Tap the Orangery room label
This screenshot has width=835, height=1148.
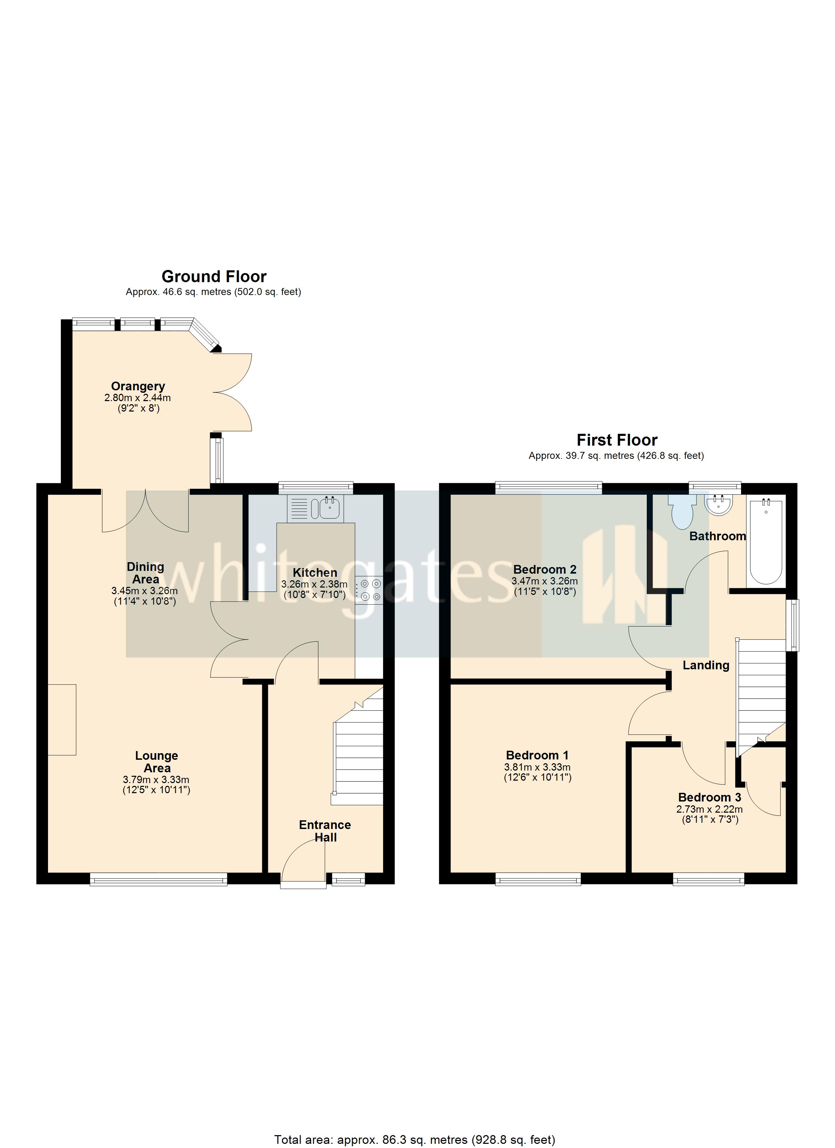138,386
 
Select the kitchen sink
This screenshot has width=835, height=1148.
329,507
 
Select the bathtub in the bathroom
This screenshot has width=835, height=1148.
766,542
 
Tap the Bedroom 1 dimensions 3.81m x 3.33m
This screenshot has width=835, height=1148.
537,767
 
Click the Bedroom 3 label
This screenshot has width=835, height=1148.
709,797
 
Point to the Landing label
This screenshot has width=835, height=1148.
706,665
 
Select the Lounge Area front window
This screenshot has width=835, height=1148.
159,881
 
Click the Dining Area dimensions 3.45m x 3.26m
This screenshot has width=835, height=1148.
144,591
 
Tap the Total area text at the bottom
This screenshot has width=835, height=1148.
414,1136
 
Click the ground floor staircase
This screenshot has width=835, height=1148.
358,759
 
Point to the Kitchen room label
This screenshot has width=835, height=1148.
315,573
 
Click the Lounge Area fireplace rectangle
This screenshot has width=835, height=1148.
62,720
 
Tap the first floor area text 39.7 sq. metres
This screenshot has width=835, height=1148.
616,456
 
